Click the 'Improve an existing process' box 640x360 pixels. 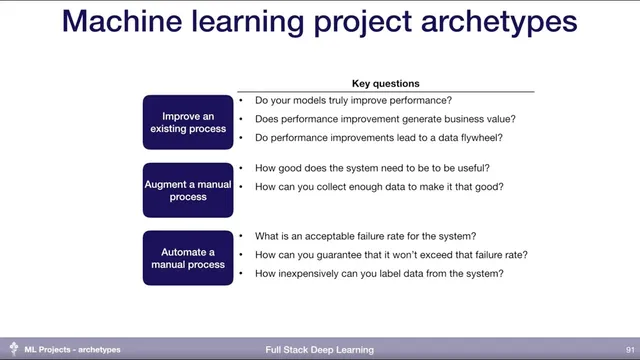point(188,122)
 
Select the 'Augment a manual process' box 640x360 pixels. point(188,190)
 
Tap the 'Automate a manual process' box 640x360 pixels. point(188,258)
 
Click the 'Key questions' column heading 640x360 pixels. point(385,83)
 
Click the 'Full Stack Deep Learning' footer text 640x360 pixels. point(319,350)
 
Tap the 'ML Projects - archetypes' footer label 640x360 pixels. point(72,350)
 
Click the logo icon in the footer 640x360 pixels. point(13,349)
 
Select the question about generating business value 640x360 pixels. point(385,119)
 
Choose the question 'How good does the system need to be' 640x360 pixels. point(372,168)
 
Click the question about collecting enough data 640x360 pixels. point(379,186)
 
